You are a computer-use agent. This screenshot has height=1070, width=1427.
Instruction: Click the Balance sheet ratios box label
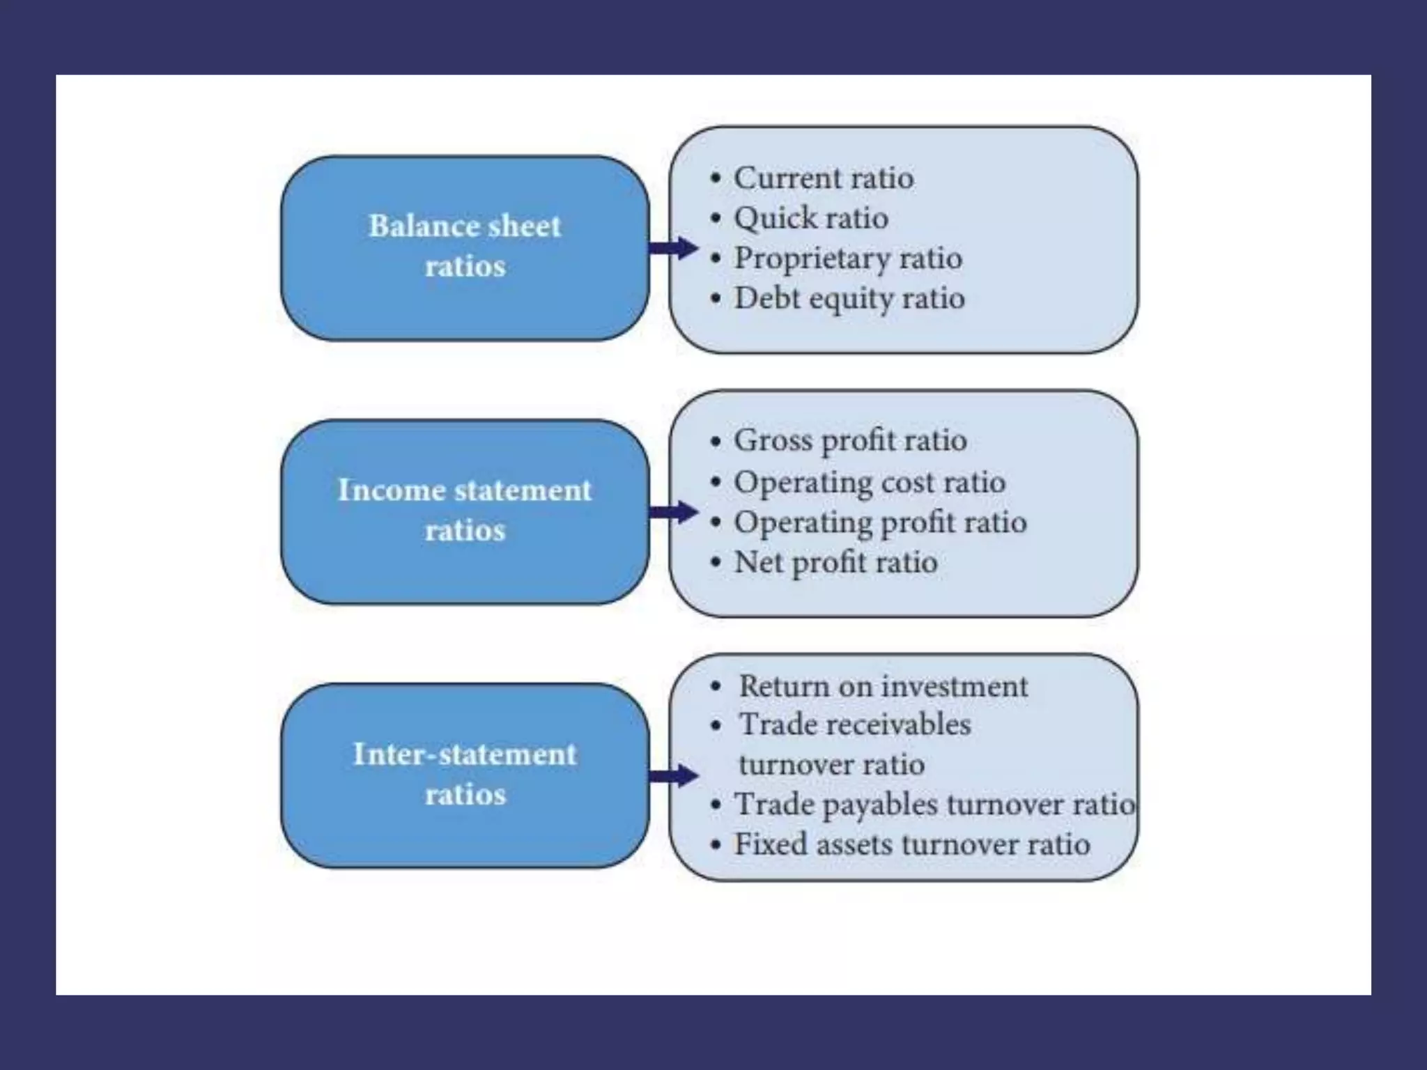[x=465, y=246]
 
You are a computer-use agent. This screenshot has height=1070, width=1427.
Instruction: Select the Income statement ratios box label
[x=465, y=510]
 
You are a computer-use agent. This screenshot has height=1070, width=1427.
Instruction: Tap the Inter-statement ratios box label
[x=465, y=774]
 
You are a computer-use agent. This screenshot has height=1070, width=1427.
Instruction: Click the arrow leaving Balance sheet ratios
[x=673, y=248]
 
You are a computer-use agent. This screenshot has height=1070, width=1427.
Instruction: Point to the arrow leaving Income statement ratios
[x=673, y=512]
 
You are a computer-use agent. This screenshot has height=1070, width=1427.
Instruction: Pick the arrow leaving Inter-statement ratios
[x=673, y=775]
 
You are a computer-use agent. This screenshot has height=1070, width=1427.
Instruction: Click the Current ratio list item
[x=824, y=178]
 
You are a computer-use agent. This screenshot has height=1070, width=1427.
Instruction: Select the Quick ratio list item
[x=811, y=219]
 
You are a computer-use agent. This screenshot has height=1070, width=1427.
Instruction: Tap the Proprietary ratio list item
[x=848, y=258]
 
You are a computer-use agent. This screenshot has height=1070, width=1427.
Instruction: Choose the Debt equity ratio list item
[x=849, y=299]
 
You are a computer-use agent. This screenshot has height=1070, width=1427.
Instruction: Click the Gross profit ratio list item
[x=850, y=441]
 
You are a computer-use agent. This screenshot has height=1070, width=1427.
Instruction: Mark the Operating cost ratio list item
[x=870, y=482]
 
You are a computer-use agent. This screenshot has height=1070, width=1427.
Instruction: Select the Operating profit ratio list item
[x=880, y=522]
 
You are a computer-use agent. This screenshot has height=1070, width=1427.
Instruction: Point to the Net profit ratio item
[x=835, y=562]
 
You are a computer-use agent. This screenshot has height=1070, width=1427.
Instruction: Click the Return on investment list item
[x=883, y=687]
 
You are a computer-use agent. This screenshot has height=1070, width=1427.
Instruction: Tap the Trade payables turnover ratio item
[x=934, y=805]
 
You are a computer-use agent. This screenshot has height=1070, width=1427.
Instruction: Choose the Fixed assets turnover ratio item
[x=912, y=845]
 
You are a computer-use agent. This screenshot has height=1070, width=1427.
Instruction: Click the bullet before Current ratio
[x=716, y=178]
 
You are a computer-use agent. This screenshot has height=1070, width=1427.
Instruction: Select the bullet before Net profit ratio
[x=716, y=562]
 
